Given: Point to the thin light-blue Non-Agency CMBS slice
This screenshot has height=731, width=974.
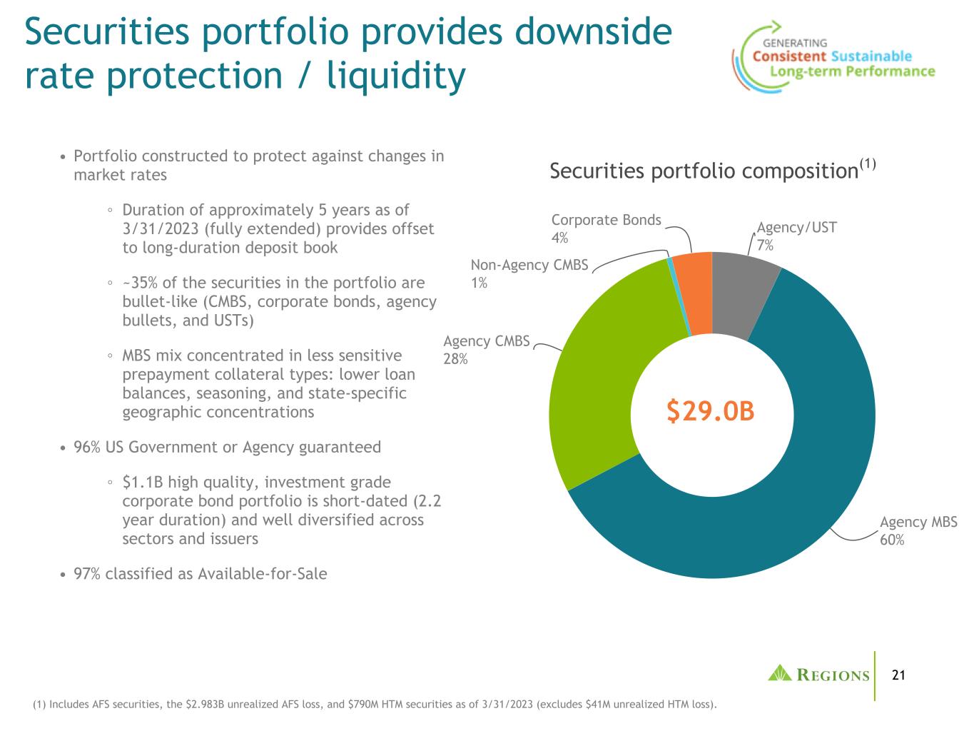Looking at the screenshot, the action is point(679,298).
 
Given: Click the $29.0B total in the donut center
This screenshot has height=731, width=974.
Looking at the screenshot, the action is point(711,411).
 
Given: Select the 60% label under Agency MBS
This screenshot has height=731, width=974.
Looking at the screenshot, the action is point(892,540).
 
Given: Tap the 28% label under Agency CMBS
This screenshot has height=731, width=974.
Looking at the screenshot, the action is point(455,359).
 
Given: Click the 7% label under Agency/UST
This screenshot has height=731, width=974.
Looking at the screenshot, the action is point(765,245).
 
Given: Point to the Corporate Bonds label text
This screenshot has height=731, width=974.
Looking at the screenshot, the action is point(606,220).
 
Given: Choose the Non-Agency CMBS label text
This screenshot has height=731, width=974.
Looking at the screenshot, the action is point(529,266).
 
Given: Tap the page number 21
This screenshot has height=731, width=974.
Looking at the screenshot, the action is point(898,675).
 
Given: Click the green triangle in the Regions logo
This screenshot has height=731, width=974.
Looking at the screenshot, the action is point(780,673).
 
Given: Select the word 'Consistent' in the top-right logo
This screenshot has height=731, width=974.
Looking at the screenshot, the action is point(789,56).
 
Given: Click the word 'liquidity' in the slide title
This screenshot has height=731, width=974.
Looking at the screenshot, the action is point(396,76).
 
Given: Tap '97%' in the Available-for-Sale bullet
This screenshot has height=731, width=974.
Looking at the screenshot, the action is point(87,574).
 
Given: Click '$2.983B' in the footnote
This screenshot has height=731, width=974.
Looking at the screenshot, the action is point(203,705).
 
